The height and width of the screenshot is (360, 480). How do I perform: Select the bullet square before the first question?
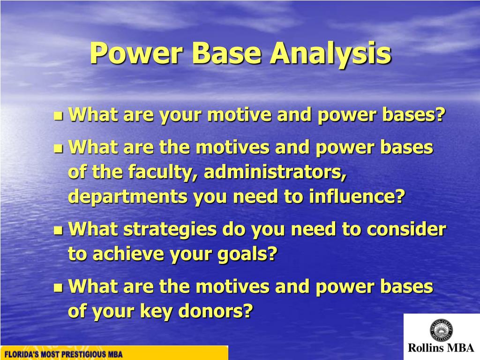58,115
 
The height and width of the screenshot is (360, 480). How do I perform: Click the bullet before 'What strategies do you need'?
58,230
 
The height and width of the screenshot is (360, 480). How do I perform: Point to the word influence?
355,197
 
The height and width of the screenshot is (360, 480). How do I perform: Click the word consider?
406,230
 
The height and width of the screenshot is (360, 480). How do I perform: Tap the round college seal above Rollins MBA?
441,330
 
